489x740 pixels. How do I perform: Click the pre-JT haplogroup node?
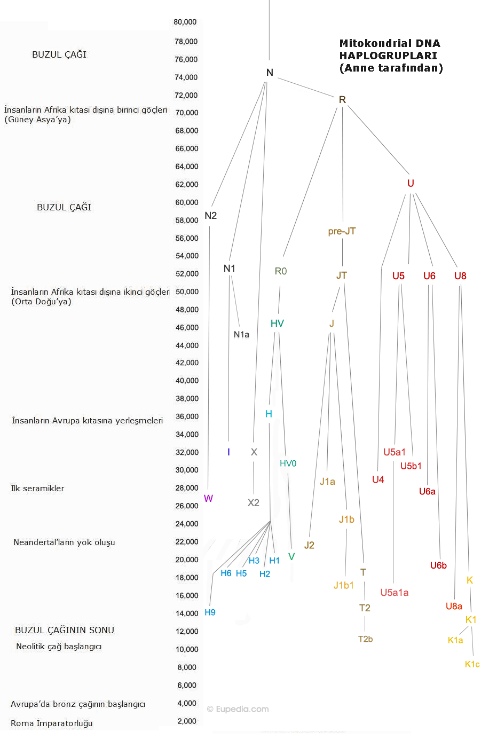coord(342,231)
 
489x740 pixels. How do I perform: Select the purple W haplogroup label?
coord(208,498)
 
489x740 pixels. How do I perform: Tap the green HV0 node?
coord(288,463)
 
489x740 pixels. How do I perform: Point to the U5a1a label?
coord(395,593)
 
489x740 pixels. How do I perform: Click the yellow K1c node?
coord(472,664)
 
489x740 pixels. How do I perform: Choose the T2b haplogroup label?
coord(365,639)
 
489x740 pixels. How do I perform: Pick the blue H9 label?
coord(210,612)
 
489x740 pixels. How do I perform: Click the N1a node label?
coord(241,335)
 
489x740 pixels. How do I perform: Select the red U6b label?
coord(438,565)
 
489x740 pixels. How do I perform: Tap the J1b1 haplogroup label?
coord(344,586)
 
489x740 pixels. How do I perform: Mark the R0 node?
coord(281,271)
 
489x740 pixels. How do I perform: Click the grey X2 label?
coord(253,503)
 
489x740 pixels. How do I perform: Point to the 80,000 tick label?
coord(185,22)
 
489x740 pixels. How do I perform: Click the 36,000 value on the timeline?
coord(187,416)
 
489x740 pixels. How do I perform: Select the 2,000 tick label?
coord(187,721)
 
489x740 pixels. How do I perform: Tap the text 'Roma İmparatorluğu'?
coord(52,723)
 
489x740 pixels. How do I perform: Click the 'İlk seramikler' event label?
coord(37,489)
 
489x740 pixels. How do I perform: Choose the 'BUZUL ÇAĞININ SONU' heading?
coord(65,630)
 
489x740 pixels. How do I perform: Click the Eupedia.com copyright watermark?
coord(238,709)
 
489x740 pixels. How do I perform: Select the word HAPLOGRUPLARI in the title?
coord(388,56)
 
